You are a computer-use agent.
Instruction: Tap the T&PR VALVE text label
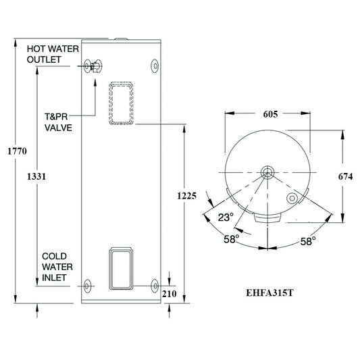59,122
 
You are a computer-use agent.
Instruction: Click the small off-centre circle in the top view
291,199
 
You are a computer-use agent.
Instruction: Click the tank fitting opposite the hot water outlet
155,66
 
